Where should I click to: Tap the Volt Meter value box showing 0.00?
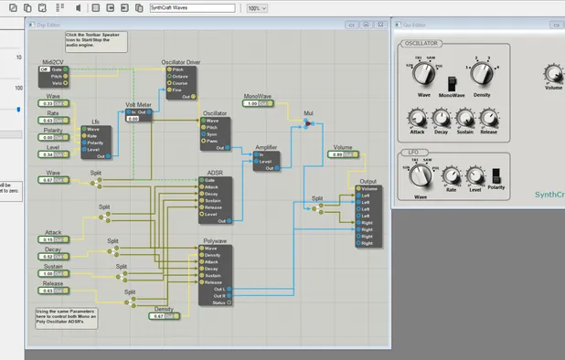[x=133, y=119]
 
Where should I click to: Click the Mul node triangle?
[x=308, y=122]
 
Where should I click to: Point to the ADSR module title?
[x=215, y=173]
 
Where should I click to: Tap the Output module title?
[x=368, y=182]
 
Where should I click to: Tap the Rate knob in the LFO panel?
[x=451, y=175]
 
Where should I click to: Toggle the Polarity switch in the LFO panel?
[x=498, y=175]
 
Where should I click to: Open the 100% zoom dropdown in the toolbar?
[x=257, y=8]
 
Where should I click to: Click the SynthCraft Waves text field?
[x=191, y=8]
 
